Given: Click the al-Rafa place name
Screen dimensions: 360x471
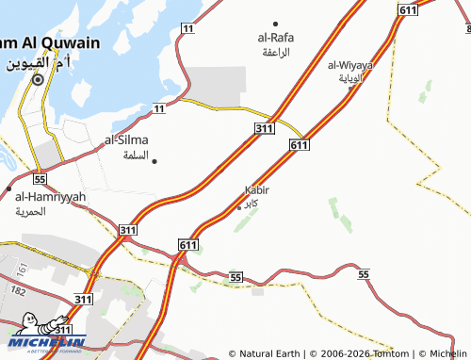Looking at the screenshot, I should tap(275, 39).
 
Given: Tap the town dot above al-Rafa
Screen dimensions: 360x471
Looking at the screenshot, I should tap(275, 24).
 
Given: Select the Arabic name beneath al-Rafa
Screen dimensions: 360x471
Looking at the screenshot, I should tap(274, 52).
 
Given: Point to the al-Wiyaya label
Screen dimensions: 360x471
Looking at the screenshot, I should tap(350, 65).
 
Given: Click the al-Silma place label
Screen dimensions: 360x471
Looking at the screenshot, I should tap(126, 139).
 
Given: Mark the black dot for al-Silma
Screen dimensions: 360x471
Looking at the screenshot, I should tap(154, 161).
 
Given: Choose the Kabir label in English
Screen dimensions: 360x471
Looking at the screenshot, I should tap(256, 189).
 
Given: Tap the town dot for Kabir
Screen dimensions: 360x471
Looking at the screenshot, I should tap(239, 206).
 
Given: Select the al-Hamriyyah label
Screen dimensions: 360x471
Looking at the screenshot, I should tap(50, 196).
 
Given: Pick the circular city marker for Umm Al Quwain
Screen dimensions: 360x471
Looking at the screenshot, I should tap(38, 80).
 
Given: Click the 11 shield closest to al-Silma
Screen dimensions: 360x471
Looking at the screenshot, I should tap(157, 109).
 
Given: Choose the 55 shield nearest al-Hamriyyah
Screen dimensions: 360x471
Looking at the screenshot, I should tap(39, 178).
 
